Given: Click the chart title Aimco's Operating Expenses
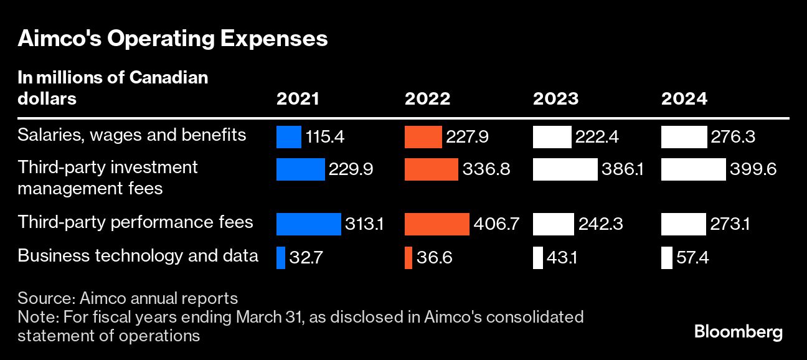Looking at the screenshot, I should pyautogui.click(x=172, y=39).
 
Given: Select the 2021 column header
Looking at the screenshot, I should pyautogui.click(x=298, y=98).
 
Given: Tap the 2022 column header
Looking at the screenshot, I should pyautogui.click(x=427, y=98).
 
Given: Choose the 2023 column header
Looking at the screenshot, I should pyautogui.click(x=555, y=98).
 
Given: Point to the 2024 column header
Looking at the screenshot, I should pyautogui.click(x=684, y=98).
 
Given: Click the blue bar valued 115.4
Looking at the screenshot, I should pyautogui.click(x=288, y=137).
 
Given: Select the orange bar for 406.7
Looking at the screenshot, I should pyautogui.click(x=437, y=224).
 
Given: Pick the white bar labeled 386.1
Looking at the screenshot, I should pyautogui.click(x=565, y=169).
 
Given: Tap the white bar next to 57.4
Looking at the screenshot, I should pyautogui.click(x=666, y=258).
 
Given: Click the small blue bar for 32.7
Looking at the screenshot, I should pyautogui.click(x=281, y=258).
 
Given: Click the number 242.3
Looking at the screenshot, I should pyautogui.click(x=601, y=224).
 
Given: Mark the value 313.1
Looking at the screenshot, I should pyautogui.click(x=364, y=224).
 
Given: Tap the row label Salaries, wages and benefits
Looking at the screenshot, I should pyautogui.click(x=132, y=135).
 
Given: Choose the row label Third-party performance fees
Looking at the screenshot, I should pyautogui.click(x=135, y=222).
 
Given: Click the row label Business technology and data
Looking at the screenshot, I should pyautogui.click(x=138, y=255).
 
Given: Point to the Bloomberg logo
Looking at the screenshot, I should pyautogui.click(x=738, y=332).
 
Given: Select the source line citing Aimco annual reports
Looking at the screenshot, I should pyautogui.click(x=128, y=298).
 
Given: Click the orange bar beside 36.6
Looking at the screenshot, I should pyautogui.click(x=408, y=258).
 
